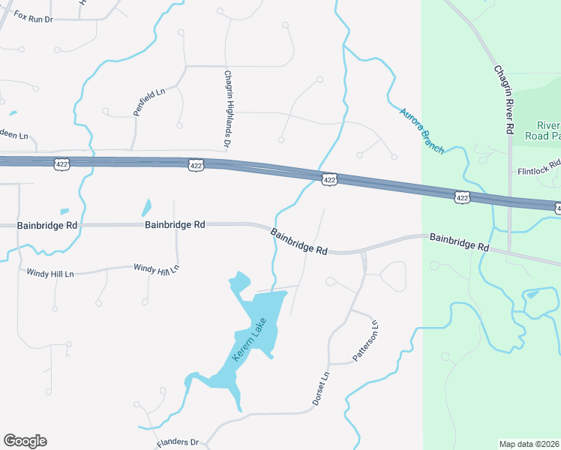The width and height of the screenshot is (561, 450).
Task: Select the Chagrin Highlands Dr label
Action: pos(226,108)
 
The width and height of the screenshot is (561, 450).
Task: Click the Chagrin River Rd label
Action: pos(503,98)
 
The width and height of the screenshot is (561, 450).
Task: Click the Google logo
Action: pos(25,441)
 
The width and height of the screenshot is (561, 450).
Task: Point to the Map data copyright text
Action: pos(529,444)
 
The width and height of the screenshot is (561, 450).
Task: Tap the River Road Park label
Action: pos(548,130)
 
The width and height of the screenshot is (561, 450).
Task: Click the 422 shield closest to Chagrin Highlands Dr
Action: pos(196,164)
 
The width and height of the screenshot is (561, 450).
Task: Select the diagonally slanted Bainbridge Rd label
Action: pos(299,241)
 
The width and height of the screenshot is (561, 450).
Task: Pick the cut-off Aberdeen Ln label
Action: pos(13,135)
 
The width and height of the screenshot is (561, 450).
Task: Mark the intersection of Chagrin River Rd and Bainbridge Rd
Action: pos(509,251)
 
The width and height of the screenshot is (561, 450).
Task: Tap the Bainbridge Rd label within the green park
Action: pos(459,241)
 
